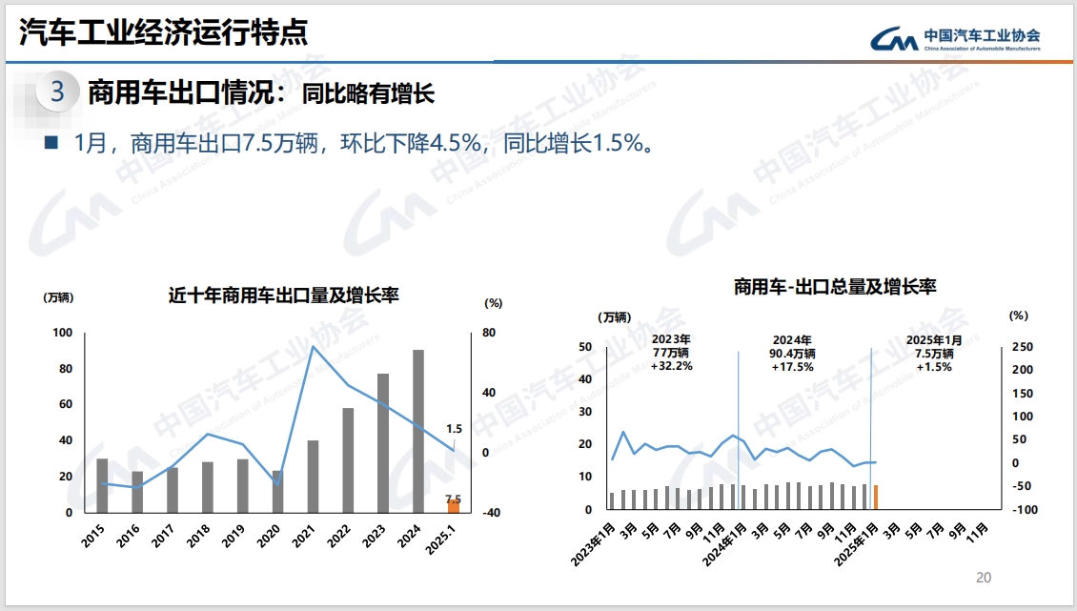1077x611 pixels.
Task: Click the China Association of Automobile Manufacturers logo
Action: (955, 39)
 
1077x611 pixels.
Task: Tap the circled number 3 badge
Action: (57, 92)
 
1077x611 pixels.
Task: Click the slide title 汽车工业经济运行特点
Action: (164, 33)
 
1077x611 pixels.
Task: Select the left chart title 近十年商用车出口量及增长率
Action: (283, 295)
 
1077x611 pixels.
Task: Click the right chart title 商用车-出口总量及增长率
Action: (835, 287)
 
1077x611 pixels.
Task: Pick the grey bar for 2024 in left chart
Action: (417, 431)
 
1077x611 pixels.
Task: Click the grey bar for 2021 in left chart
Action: (313, 476)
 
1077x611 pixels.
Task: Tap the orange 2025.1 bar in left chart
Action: (454, 506)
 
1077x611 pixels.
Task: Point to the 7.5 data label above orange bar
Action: (453, 499)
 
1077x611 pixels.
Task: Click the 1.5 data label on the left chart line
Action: (454, 429)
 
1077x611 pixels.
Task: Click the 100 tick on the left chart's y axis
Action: (63, 333)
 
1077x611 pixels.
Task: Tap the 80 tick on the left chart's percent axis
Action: (489, 333)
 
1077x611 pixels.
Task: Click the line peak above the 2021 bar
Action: (314, 346)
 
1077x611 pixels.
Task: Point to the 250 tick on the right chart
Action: (1021, 347)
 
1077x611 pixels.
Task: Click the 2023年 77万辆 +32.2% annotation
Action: (671, 353)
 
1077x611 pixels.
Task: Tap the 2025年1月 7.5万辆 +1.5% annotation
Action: (934, 353)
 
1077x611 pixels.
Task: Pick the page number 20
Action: (985, 578)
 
